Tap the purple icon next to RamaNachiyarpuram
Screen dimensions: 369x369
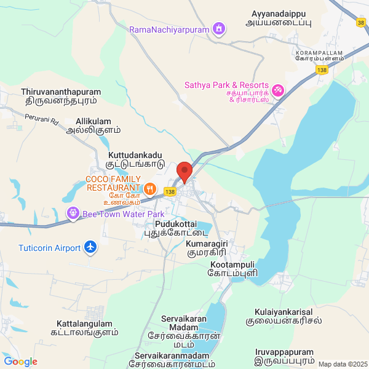(218, 28)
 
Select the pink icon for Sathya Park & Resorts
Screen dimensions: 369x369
(277, 90)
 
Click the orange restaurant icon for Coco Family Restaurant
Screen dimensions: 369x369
(148, 188)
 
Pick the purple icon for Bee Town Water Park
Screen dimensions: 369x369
(73, 213)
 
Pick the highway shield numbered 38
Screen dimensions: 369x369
(360, 23)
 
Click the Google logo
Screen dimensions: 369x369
(20, 362)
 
